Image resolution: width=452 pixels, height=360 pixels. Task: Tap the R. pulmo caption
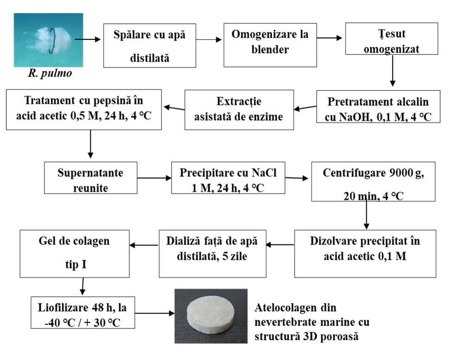click(x=49, y=74)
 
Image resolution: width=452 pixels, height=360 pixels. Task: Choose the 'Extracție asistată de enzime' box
click(x=239, y=108)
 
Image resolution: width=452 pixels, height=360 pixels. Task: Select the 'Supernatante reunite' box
click(x=91, y=177)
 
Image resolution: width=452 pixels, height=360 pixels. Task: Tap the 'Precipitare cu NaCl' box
click(x=227, y=177)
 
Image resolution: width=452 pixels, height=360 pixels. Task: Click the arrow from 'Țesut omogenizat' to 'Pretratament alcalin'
click(x=393, y=74)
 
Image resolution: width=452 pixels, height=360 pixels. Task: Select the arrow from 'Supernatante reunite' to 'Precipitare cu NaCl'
click(x=154, y=177)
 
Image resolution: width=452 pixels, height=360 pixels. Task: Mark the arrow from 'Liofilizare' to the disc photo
click(x=154, y=313)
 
